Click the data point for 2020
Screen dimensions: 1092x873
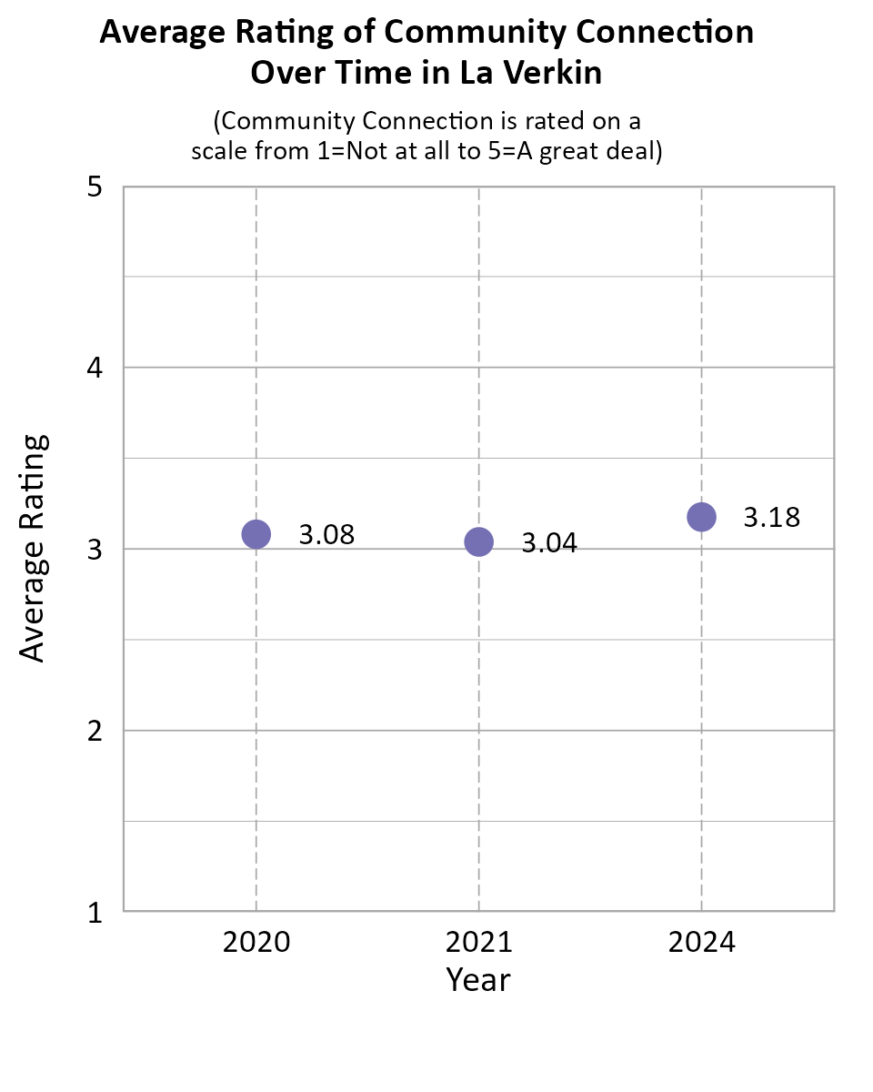256,534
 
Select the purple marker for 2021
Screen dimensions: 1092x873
478,542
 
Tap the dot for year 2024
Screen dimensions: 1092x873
701,517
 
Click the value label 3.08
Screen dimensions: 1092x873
326,535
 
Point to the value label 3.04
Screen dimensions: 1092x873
549,543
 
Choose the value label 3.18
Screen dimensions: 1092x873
772,518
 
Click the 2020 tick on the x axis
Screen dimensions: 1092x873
256,942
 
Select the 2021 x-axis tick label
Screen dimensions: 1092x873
478,942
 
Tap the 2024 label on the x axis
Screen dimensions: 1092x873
701,942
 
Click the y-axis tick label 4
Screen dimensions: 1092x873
94,369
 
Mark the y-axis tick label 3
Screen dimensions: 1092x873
94,550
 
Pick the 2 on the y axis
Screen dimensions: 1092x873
94,731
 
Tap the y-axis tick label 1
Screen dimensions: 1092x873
94,912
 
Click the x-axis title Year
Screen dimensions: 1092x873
478,980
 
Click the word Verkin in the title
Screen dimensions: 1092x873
557,73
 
